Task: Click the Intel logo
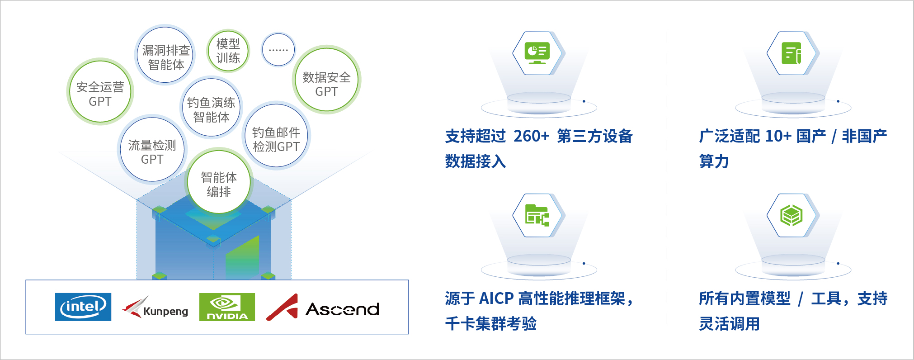coord(83,307)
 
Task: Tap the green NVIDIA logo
coord(227,307)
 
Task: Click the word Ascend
coord(343,309)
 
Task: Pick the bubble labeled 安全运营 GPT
coord(100,92)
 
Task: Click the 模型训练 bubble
coord(228,51)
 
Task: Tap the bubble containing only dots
coord(278,50)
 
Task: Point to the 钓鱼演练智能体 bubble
coord(211,108)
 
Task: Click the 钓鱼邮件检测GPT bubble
coord(276,137)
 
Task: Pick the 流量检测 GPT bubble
coord(152,150)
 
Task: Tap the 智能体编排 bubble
coord(219,182)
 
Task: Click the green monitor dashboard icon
coord(537,53)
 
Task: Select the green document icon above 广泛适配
coord(792,53)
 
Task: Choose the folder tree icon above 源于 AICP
coord(537,215)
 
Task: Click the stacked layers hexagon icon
coord(792,215)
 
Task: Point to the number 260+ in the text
coord(531,136)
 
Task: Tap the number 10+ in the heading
coord(778,136)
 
